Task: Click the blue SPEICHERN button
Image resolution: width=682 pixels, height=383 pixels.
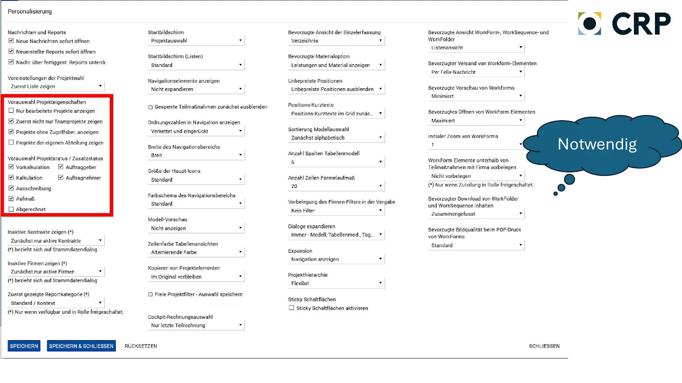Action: (24, 346)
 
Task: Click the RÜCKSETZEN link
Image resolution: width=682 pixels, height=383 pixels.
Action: (141, 346)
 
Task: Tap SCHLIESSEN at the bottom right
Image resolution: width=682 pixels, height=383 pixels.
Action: (544, 346)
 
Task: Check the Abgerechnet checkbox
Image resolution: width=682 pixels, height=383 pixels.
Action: (11, 209)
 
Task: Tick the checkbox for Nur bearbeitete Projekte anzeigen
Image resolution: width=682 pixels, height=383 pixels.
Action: (11, 111)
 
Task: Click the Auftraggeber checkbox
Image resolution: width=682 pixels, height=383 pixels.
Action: (61, 167)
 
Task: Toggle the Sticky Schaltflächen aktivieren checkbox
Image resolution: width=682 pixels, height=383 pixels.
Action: (291, 308)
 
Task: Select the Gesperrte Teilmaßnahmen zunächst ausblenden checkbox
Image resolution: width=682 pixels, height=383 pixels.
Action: (150, 107)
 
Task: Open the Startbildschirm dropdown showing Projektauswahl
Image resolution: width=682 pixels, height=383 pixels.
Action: (196, 41)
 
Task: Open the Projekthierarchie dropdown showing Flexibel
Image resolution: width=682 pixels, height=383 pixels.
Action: (336, 283)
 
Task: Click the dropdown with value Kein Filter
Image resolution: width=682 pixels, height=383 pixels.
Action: (336, 211)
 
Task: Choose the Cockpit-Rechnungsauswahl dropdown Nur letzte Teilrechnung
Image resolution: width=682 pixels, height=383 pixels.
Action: (196, 325)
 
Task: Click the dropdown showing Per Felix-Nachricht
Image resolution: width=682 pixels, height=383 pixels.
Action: (476, 72)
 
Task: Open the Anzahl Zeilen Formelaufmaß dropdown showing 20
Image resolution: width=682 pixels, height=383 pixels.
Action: (336, 186)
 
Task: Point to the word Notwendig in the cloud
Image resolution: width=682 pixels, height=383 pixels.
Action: (597, 144)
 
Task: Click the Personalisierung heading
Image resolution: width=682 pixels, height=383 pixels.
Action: (30, 11)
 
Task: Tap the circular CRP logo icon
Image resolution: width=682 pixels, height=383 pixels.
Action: (589, 24)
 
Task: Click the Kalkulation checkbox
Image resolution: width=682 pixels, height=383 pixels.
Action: (11, 177)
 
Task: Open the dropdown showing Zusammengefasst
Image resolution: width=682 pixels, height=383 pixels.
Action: (476, 214)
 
